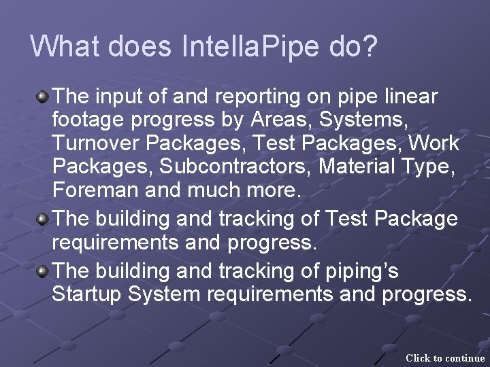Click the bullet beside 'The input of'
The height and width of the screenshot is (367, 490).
pyautogui.click(x=42, y=98)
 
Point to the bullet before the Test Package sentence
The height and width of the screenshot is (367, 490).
pyautogui.click(x=42, y=220)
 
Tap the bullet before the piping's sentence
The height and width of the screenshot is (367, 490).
pyautogui.click(x=42, y=272)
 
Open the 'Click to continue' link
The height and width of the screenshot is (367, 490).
pyautogui.click(x=445, y=357)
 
